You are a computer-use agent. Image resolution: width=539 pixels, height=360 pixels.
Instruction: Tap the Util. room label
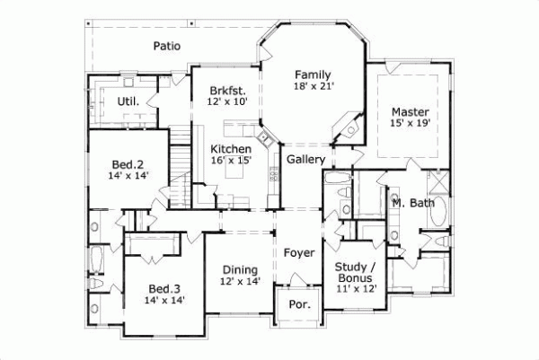pos(128,101)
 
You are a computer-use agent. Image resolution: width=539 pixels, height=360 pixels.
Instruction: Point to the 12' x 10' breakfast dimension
pos(226,103)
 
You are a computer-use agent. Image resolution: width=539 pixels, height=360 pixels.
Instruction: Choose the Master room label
pos(410,112)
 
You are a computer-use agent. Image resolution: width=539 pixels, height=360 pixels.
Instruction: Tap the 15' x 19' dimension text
pos(410,125)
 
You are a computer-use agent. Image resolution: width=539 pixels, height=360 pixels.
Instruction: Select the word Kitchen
pos(231,148)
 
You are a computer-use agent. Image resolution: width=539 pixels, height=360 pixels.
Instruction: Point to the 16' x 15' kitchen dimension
pos(231,161)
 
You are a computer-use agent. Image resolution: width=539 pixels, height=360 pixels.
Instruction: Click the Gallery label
pos(305,160)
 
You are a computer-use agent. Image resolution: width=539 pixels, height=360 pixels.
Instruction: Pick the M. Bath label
pos(413,204)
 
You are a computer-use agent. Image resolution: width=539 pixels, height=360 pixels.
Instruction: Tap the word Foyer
pos(299,253)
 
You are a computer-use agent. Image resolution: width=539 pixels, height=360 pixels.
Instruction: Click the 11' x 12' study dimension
pos(355,288)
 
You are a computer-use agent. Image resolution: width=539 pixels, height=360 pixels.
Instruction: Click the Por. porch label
pos(299,304)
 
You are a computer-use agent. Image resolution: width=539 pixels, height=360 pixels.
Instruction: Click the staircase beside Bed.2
pos(182,171)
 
